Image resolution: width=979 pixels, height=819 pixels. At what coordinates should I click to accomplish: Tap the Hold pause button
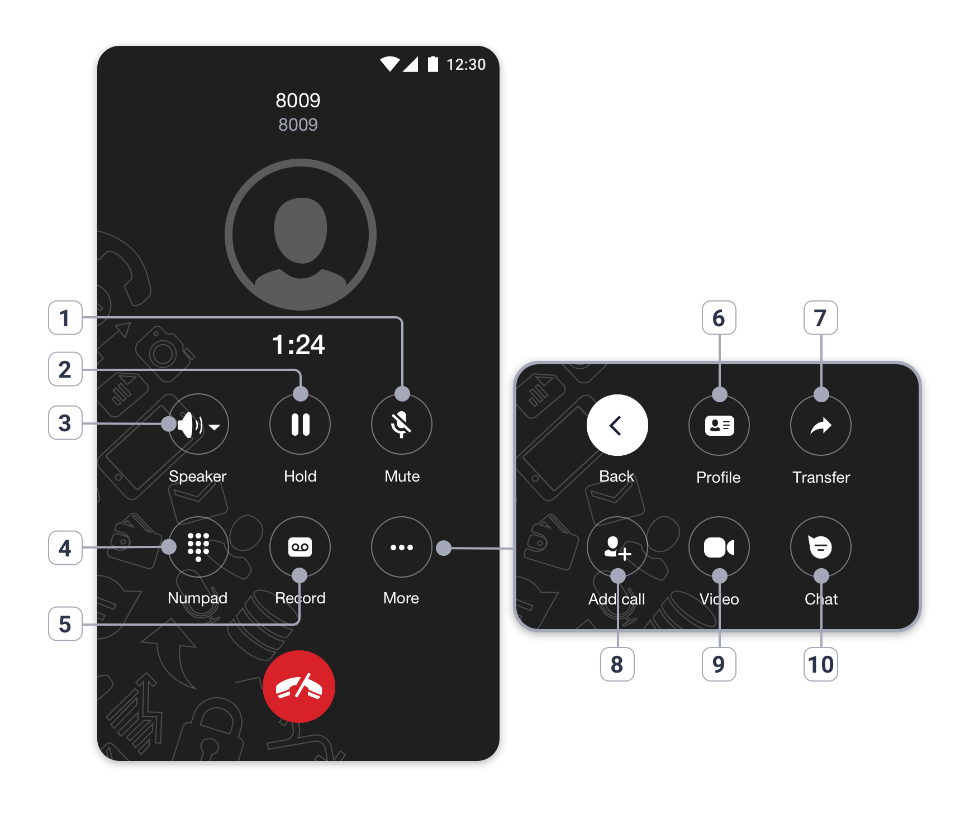[x=300, y=425]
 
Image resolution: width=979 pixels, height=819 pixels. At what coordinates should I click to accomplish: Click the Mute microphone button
[x=402, y=425]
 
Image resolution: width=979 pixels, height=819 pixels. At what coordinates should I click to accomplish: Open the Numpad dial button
[x=198, y=547]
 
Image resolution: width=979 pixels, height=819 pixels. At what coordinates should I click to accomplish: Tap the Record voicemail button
[x=300, y=547]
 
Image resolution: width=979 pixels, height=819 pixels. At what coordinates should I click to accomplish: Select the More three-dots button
[x=402, y=547]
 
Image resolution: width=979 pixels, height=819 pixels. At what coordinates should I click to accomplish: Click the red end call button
[x=299, y=687]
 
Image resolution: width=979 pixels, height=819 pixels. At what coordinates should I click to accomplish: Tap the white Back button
[x=617, y=425]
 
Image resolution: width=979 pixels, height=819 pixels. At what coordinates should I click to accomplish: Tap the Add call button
[x=617, y=547]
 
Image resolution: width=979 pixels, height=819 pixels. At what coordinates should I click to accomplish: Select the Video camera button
[x=719, y=547]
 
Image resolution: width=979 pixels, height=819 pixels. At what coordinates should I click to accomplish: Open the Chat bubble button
[x=821, y=547]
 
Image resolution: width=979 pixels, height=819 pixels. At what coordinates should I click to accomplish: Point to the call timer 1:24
[x=298, y=345]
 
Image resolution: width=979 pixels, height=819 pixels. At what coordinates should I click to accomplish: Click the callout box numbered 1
[x=65, y=318]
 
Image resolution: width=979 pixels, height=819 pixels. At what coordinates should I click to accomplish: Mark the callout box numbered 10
[x=821, y=664]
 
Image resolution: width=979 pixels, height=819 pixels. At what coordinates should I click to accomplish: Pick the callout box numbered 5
[x=65, y=624]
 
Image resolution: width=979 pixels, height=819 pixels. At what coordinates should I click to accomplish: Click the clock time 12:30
[x=466, y=65]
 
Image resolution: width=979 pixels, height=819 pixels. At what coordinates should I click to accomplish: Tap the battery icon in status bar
[x=433, y=64]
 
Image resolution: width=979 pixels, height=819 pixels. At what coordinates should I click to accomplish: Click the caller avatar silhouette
[x=301, y=235]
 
